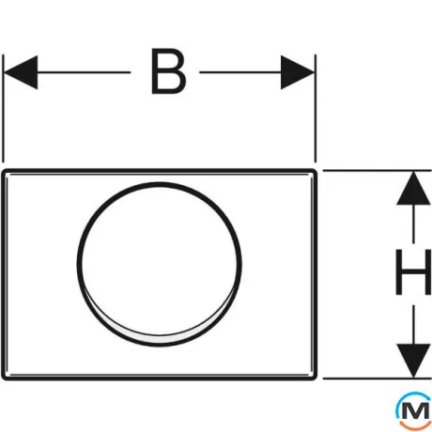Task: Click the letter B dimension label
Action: tap(168, 71)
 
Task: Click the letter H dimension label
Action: tap(413, 272)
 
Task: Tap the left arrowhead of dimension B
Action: tap(21, 72)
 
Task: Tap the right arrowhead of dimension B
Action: tap(298, 72)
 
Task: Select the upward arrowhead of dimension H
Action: tap(413, 189)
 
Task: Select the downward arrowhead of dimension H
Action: tap(413, 361)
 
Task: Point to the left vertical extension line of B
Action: tap(3, 109)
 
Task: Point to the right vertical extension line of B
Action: tap(316, 109)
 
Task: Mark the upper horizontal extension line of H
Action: tap(378, 171)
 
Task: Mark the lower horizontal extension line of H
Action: tap(378, 378)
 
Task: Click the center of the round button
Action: tap(160, 265)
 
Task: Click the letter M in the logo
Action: tap(415, 410)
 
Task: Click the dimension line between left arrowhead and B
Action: tap(84, 72)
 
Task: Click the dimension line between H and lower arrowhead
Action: tap(413, 325)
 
